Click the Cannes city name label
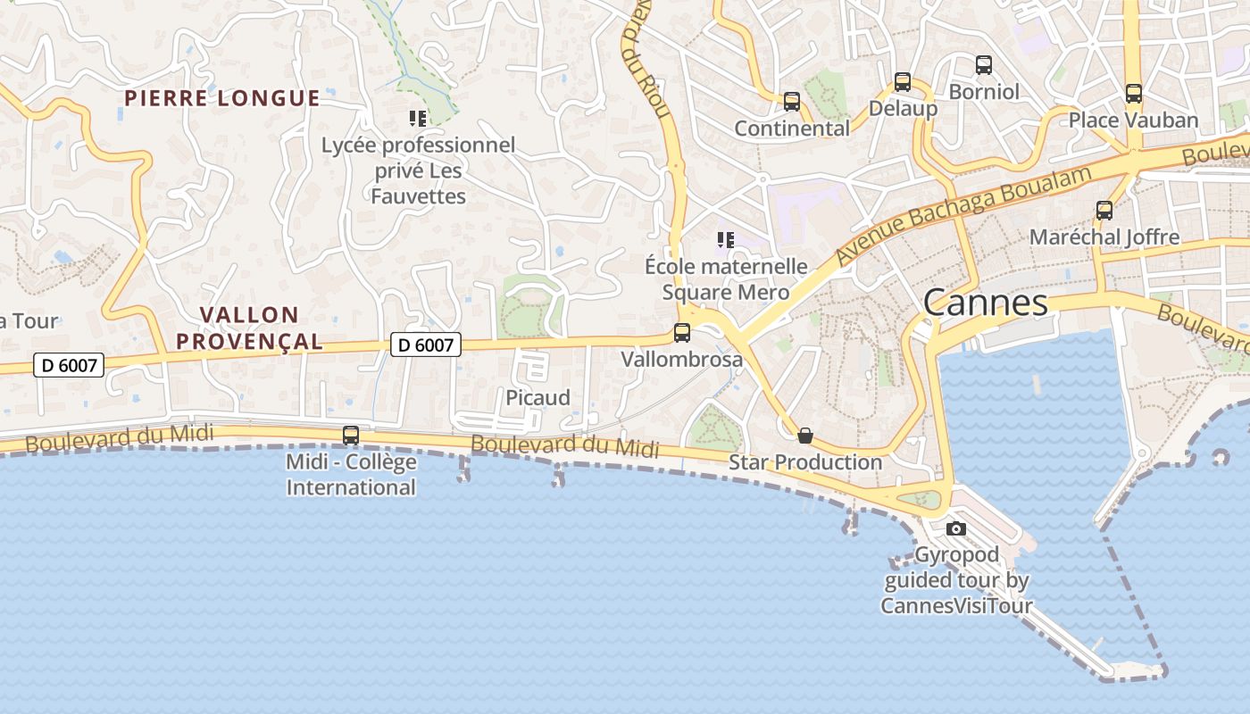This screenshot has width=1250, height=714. tap(985, 303)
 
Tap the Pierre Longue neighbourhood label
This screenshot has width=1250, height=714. tap(221, 98)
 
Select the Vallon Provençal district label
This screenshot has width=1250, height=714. tap(249, 328)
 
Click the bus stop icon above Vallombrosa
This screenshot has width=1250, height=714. tap(682, 333)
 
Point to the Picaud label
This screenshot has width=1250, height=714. tap(537, 398)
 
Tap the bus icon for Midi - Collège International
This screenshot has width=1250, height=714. tap(351, 436)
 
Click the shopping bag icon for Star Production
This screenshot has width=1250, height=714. tap(805, 436)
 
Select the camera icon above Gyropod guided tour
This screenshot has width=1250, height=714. tap(956, 528)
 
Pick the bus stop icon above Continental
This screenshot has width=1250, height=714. tap(792, 102)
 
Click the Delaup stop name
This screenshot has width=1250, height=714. tap(903, 109)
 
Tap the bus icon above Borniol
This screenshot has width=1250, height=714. tap(984, 65)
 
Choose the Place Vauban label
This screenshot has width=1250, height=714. tap(1133, 120)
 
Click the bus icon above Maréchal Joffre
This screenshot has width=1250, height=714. tap(1104, 211)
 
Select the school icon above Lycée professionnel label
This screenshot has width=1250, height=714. tap(418, 118)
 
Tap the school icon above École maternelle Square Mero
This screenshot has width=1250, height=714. tap(726, 239)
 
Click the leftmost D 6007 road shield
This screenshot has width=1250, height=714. tap(69, 365)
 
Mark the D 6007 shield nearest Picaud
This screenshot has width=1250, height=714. tap(426, 345)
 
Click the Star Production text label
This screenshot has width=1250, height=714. tap(805, 462)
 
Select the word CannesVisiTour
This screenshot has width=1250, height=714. tap(956, 606)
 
